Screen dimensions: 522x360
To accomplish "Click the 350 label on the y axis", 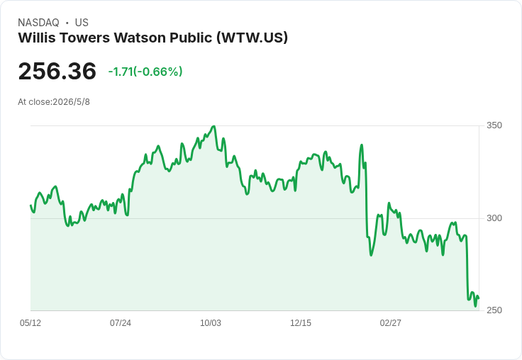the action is [494, 125].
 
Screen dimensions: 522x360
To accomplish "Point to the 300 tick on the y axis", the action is [494, 218].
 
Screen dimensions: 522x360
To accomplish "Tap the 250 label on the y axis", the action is [494, 310].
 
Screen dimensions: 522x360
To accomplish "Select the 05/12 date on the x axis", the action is [30, 323].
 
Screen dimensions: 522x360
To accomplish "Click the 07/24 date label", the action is [121, 323].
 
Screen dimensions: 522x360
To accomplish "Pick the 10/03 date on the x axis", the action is [211, 323].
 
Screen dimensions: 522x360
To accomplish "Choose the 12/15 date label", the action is [301, 323].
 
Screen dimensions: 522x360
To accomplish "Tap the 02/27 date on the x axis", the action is [391, 323].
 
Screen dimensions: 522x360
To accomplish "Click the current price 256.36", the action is [57, 71].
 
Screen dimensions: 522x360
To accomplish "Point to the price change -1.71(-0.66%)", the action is [145, 72].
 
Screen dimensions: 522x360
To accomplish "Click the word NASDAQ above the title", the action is [38, 23].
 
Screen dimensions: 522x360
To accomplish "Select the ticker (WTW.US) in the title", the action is [252, 38].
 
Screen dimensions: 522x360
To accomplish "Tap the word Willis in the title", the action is [36, 38].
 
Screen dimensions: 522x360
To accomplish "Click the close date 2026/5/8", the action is [71, 102].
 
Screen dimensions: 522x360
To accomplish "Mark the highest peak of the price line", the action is [213, 126].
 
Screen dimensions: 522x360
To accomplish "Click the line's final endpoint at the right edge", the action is [479, 298].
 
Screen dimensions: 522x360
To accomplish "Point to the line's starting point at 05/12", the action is [31, 206].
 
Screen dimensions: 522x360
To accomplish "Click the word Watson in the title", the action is [140, 38].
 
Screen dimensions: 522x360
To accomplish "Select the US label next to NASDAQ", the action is [82, 23].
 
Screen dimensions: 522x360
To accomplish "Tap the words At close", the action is [34, 102].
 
